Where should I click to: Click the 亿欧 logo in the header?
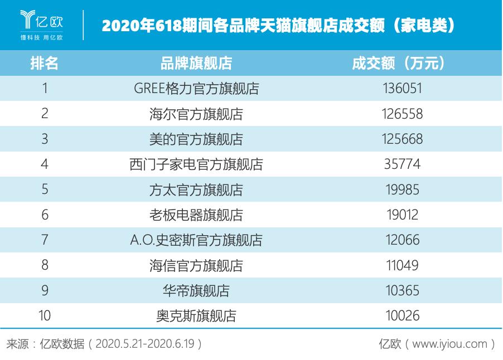[42, 26]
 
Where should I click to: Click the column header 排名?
[45, 63]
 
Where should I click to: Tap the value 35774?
[402, 164]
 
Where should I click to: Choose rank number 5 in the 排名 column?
[45, 189]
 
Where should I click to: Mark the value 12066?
[402, 240]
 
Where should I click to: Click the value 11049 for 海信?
[402, 265]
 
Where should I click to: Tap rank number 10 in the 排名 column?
[45, 316]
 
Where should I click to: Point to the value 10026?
[402, 316]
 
